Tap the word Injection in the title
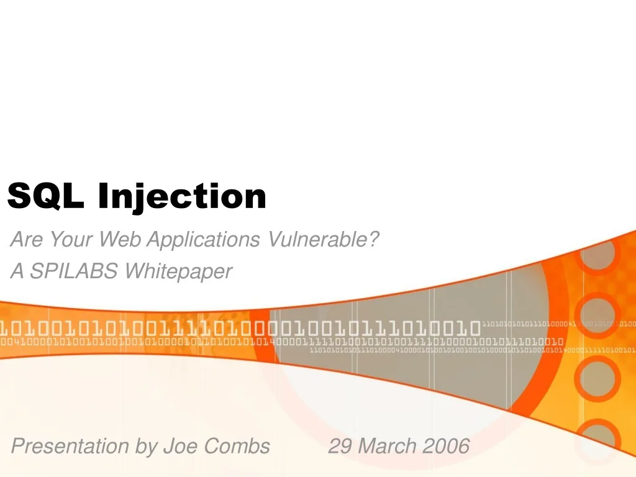182,198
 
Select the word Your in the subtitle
69,238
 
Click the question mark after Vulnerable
374,238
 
